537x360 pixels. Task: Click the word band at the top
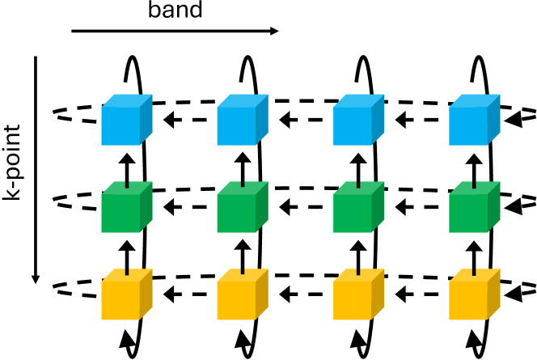pos(174,11)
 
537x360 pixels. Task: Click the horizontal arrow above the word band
pos(175,32)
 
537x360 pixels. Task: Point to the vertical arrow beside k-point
pos(36,170)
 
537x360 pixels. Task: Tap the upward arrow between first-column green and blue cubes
pos(125,166)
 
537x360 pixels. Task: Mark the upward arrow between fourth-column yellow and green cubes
pos(472,252)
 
